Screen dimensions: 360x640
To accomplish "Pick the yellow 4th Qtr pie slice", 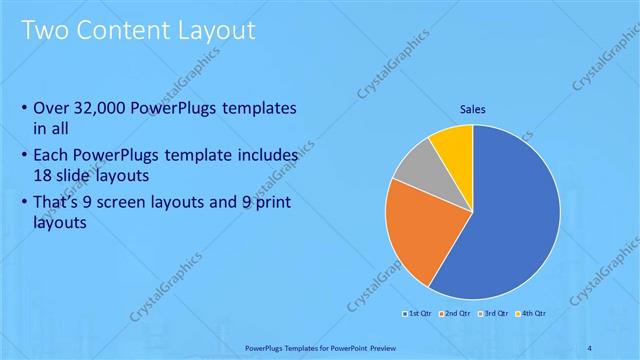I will (x=453, y=143).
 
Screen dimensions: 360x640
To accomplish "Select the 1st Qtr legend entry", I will (x=417, y=313).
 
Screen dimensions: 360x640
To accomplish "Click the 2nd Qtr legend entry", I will (x=456, y=313).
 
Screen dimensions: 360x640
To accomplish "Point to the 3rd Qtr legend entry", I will (x=495, y=313).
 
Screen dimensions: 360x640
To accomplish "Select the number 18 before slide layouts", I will (x=43, y=173).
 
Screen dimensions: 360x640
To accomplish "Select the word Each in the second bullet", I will (x=51, y=156).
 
